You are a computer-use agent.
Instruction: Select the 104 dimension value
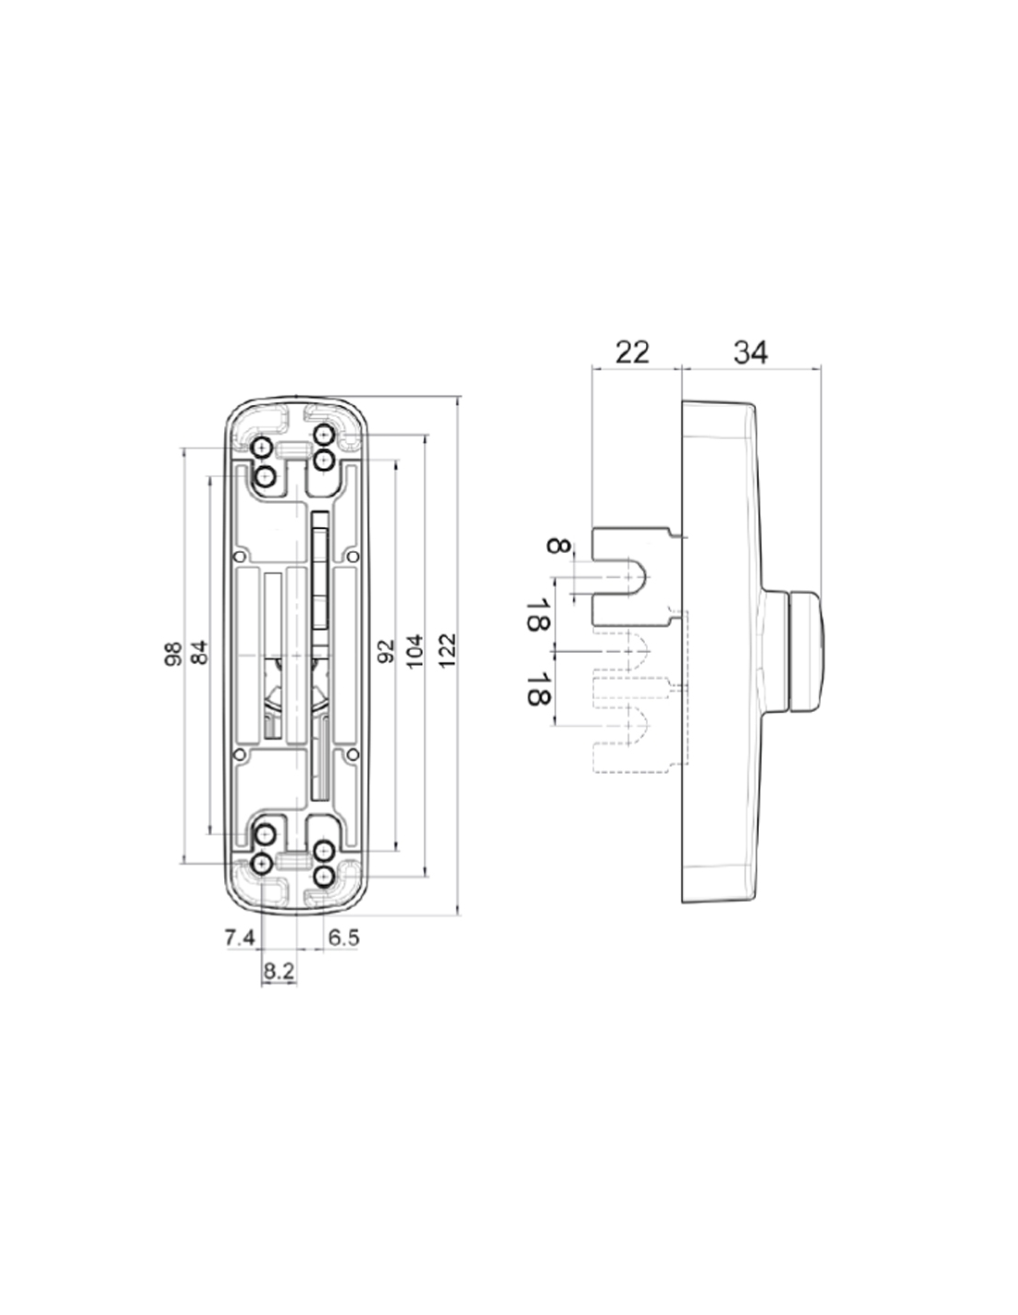click(x=415, y=651)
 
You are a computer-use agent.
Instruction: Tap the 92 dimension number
click(x=386, y=651)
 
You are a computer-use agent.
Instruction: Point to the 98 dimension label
click(x=173, y=654)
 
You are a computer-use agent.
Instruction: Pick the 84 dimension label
click(x=200, y=652)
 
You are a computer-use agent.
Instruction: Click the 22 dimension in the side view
click(x=632, y=352)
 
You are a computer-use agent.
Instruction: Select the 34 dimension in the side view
click(x=751, y=352)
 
